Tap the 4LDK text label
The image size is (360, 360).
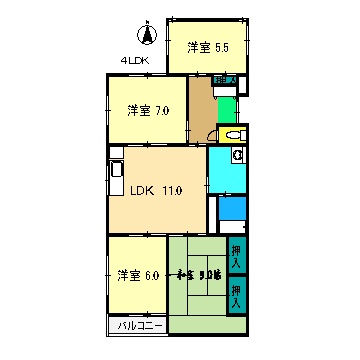point(135,60)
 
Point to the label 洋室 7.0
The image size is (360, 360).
point(146,111)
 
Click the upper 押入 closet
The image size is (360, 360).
point(237,257)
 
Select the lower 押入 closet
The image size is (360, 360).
point(237,294)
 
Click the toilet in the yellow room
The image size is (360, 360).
point(236,135)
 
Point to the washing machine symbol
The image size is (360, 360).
point(238,155)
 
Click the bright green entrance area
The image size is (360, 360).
point(226,108)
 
